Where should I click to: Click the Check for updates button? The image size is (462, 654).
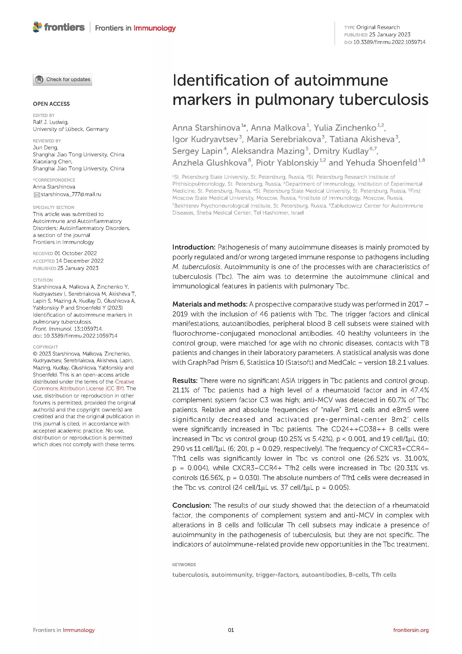tap(63, 79)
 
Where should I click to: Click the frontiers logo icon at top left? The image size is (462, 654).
tap(37, 27)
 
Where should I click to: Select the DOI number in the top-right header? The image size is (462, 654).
tap(389, 42)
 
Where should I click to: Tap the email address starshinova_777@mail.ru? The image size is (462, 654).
tap(71, 194)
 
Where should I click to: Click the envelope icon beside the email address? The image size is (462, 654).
tap(37, 194)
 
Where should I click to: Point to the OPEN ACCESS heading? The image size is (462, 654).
tap(51, 104)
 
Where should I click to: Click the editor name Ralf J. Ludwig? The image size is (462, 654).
tap(51, 122)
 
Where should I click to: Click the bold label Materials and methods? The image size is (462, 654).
tap(210, 304)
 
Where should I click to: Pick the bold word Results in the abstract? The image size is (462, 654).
tap(185, 380)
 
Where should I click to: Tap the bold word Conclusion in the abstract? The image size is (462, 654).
tap(191, 505)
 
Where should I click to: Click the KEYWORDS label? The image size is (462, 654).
tap(184, 564)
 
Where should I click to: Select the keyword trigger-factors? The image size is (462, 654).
tap(277, 575)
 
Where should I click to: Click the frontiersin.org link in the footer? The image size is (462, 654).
tap(411, 630)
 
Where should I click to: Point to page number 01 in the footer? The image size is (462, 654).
tap(231, 630)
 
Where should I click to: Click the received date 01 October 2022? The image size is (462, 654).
tap(76, 253)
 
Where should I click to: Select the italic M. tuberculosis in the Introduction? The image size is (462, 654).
tap(196, 267)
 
